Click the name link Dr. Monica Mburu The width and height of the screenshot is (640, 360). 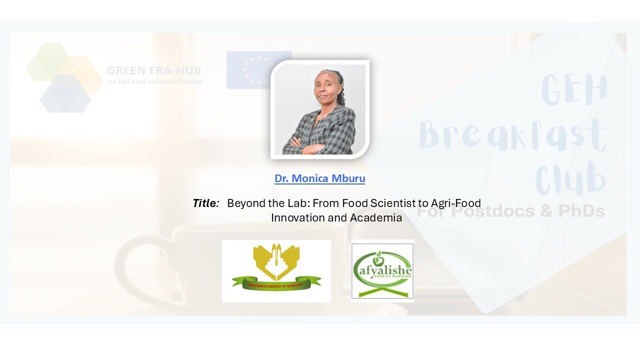(319, 178)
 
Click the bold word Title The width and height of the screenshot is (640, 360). (205, 203)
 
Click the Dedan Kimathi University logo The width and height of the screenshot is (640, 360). (276, 270)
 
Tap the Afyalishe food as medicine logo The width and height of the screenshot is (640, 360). (382, 270)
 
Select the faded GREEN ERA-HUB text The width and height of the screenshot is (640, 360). (154, 70)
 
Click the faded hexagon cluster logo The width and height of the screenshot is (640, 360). (63, 77)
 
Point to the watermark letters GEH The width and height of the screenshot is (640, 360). (574, 90)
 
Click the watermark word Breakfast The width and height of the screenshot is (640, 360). (512, 134)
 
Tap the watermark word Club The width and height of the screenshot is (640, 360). (570, 177)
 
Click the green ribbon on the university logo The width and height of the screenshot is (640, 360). (276, 284)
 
